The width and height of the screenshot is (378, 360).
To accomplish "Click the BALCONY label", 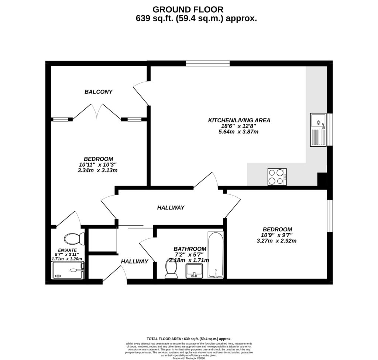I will click(x=98, y=92).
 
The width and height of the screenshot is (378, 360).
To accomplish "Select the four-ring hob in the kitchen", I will click(x=277, y=177).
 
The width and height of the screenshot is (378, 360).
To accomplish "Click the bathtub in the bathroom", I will click(x=215, y=255).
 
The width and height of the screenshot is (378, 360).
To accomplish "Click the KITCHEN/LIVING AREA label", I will click(x=239, y=120).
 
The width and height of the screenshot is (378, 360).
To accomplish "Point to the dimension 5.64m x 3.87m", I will click(x=238, y=131).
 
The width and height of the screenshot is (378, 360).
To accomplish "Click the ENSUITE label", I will click(x=67, y=250).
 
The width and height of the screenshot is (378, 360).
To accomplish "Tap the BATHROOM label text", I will click(x=190, y=249).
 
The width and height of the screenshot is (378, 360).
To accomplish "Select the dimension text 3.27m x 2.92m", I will click(x=276, y=241).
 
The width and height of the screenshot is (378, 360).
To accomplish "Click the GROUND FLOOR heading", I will click(x=188, y=9).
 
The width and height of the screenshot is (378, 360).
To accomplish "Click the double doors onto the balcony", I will click(x=97, y=111).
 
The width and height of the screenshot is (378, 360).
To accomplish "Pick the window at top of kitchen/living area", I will click(x=208, y=64).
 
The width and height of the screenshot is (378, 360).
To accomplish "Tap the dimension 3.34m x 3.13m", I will click(x=98, y=170).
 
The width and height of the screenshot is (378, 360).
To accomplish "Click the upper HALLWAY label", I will click(x=171, y=208).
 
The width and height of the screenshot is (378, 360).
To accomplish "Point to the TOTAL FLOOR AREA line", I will click(x=189, y=339).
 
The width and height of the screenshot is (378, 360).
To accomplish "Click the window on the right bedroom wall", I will click(x=330, y=217).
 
